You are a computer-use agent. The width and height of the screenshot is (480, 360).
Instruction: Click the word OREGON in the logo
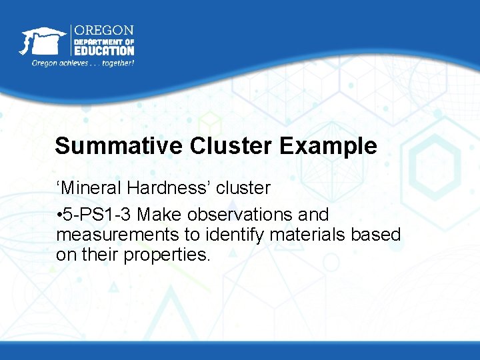tap(103, 31)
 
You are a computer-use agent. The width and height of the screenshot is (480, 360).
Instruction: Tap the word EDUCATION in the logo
tap(103, 50)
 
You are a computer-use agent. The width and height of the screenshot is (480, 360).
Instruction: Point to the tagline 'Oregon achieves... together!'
tap(83, 63)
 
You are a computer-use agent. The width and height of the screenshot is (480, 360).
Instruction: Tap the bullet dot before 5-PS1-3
tap(59, 215)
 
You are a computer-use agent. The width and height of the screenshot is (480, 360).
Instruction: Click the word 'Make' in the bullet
tap(159, 215)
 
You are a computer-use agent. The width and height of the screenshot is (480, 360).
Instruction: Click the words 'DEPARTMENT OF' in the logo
tap(103, 41)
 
